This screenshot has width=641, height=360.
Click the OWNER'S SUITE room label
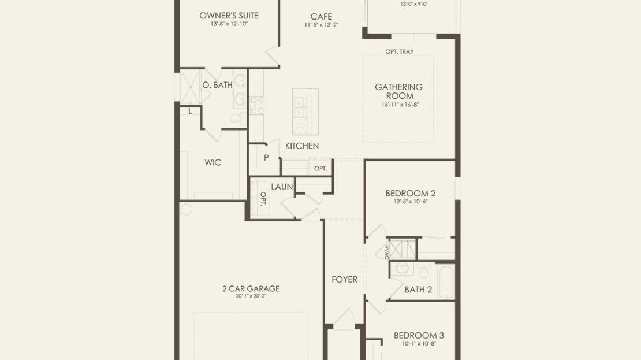pyautogui.click(x=229, y=16)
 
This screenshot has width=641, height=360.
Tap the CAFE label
pyautogui.click(x=321, y=17)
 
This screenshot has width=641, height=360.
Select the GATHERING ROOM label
pyautogui.click(x=399, y=91)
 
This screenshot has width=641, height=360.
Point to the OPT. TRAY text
pyautogui.click(x=400, y=51)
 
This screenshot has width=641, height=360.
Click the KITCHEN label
pyautogui.click(x=302, y=146)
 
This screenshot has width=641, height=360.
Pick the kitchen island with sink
pyautogui.click(x=305, y=112)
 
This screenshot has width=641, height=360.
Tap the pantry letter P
pyautogui.click(x=266, y=158)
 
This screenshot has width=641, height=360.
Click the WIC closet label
pyautogui.click(x=213, y=162)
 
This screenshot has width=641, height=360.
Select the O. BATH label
pyautogui.click(x=218, y=85)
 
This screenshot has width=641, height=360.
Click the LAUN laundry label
pyautogui.click(x=282, y=187)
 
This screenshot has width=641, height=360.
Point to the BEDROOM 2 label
pyautogui.click(x=411, y=193)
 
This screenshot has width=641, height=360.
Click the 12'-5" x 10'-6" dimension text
pyautogui.click(x=411, y=201)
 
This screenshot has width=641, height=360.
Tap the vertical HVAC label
pyautogui.click(x=386, y=251)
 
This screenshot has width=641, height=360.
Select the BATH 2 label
pyautogui.click(x=418, y=290)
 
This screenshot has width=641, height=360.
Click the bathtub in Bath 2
pyautogui.click(x=445, y=282)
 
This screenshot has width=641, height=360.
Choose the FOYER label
pyautogui.click(x=345, y=280)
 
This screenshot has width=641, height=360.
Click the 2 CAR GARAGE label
pyautogui.click(x=251, y=288)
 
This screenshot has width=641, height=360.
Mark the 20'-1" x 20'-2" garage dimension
pyautogui.click(x=251, y=296)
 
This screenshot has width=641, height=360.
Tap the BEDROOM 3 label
pyautogui.click(x=419, y=336)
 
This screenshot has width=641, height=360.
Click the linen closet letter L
pyautogui.click(x=190, y=112)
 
